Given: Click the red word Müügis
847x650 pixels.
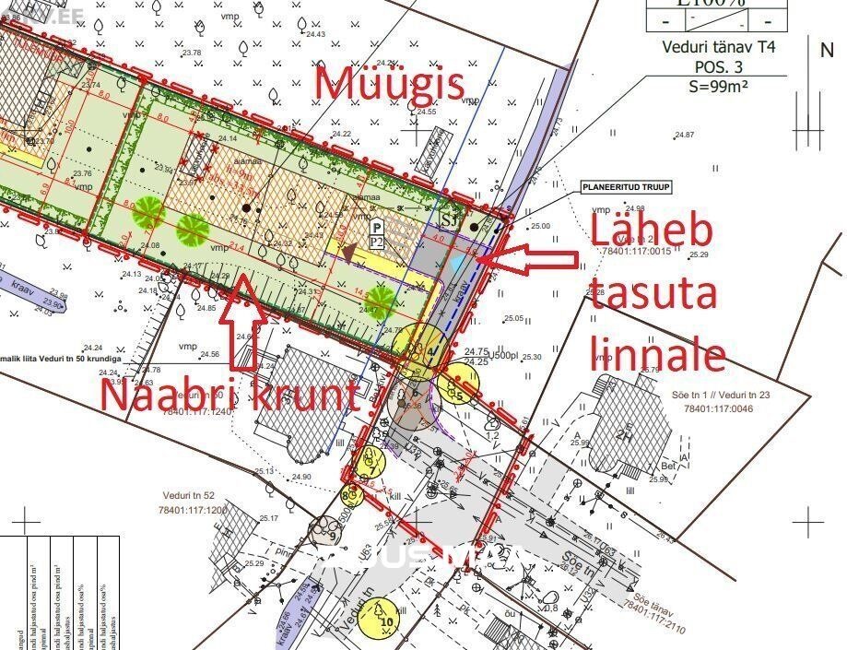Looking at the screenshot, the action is click(389, 85).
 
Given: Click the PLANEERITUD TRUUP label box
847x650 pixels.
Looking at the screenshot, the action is click(626, 187).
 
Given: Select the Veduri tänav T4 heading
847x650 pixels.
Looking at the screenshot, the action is click(715, 48).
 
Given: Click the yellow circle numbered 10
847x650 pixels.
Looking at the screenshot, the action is click(385, 619).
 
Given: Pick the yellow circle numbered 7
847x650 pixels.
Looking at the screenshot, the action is click(371, 461).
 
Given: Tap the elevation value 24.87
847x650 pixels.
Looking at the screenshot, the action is click(683, 135).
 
